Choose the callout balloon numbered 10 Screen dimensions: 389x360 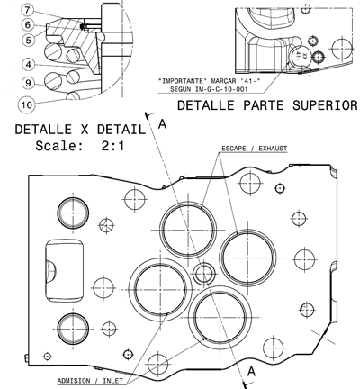point(27,104)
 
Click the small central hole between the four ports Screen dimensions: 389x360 point(203,274)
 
